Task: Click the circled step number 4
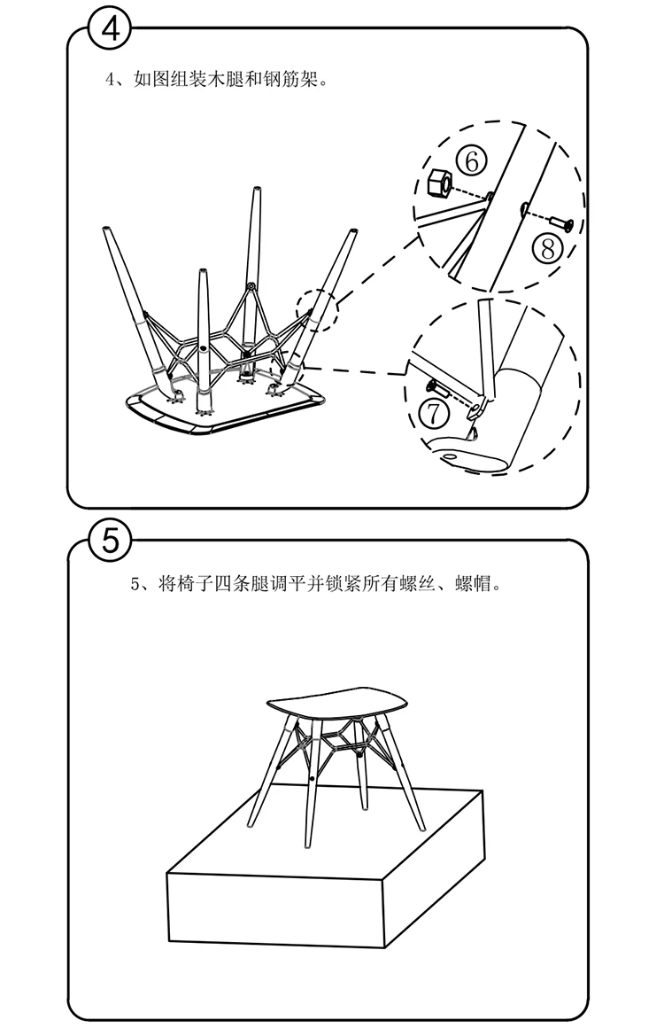[110, 29]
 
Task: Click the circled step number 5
[110, 540]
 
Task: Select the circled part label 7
[434, 411]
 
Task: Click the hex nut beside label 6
[437, 183]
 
